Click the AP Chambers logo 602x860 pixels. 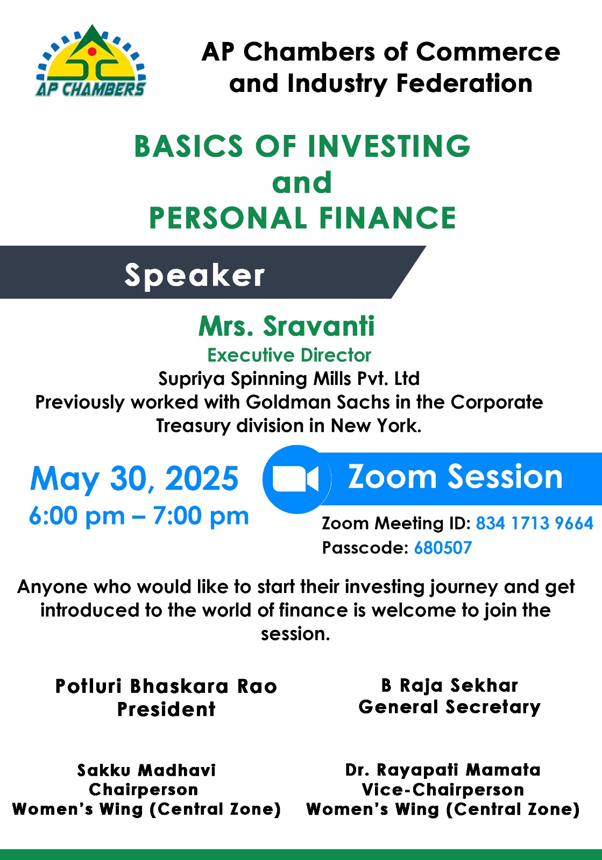[91, 61]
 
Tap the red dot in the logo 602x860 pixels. [92, 51]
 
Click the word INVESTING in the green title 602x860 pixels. [389, 146]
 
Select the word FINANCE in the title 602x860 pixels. [387, 218]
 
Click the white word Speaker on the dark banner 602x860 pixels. [195, 275]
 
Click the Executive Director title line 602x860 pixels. [289, 355]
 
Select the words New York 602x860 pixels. [376, 425]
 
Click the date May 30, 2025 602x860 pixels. [134, 478]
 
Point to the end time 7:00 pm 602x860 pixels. [201, 515]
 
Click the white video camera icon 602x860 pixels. [295, 479]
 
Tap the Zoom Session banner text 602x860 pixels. [455, 476]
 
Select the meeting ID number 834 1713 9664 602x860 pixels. [535, 523]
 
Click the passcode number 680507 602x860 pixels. [443, 548]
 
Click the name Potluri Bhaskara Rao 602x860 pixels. [166, 686]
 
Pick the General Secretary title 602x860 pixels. [450, 707]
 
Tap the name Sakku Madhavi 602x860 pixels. [146, 770]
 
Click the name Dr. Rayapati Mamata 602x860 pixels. [443, 770]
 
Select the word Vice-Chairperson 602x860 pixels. [443, 790]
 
